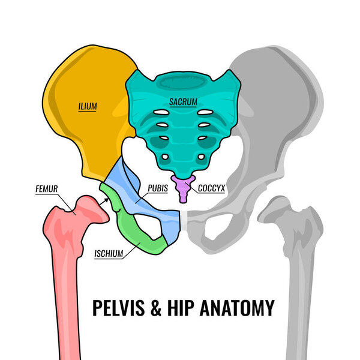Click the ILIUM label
click(88, 107)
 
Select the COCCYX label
click(211, 188)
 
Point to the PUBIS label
click(157, 188)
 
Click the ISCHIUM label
click(109, 254)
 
